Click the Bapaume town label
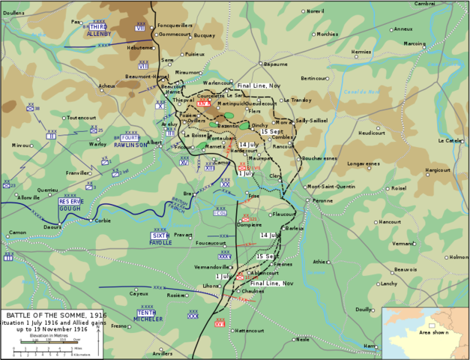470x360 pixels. [x=274, y=64]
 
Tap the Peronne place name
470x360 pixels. [x=322, y=201]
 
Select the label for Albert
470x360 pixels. [x=154, y=142]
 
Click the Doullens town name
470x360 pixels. [x=13, y=13]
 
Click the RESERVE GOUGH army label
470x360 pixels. [x=70, y=205]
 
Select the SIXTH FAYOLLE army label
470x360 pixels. [x=161, y=239]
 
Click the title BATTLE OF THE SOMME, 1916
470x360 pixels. [x=47, y=314]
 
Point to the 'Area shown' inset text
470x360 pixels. [x=433, y=331]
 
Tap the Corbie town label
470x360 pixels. [x=103, y=220]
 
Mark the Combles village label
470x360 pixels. [x=283, y=137]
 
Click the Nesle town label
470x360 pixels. [x=303, y=339]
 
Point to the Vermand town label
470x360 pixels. [x=403, y=243]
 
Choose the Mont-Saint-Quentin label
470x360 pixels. [x=332, y=187]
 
